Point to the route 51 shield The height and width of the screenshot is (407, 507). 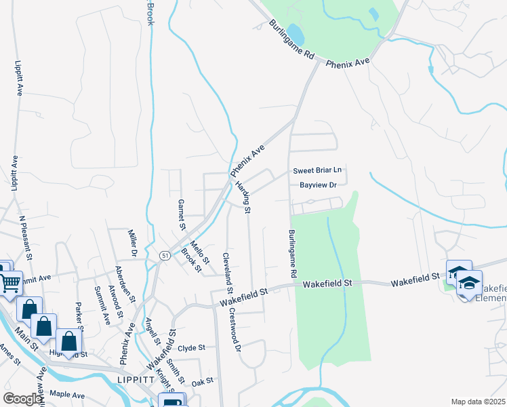click(165, 254)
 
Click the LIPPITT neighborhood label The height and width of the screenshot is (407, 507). click(136, 380)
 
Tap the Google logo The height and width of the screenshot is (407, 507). click(22, 399)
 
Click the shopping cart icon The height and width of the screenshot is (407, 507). click(10, 283)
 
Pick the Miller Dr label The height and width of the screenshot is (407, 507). click(134, 243)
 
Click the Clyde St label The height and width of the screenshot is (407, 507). click(192, 348)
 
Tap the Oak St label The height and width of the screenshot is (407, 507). click(203, 381)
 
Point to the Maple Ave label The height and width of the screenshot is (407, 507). click(66, 395)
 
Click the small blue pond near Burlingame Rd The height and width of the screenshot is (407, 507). click(295, 32)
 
